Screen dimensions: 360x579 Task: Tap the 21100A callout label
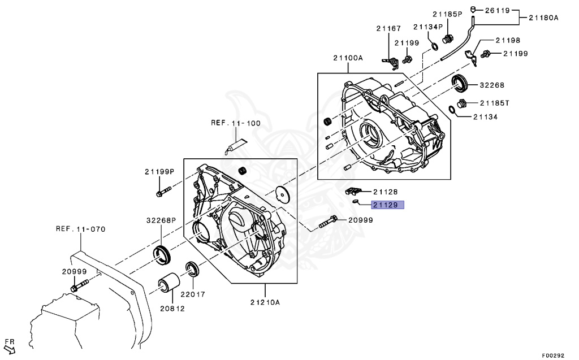pyautogui.click(x=348, y=58)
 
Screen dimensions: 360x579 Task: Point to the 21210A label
pyautogui.click(x=265, y=302)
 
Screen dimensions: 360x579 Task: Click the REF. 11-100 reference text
pyautogui.click(x=236, y=123)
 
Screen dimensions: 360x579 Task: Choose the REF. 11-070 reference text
pyautogui.click(x=80, y=229)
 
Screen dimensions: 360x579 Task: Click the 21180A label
pyautogui.click(x=543, y=18)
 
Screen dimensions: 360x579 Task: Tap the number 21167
pyautogui.click(x=389, y=28)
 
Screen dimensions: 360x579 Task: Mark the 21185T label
pyautogui.click(x=495, y=103)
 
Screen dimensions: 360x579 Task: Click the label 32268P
pyautogui.click(x=161, y=220)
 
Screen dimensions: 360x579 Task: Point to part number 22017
pyautogui.click(x=193, y=294)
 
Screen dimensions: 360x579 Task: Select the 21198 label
pyautogui.click(x=508, y=40)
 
